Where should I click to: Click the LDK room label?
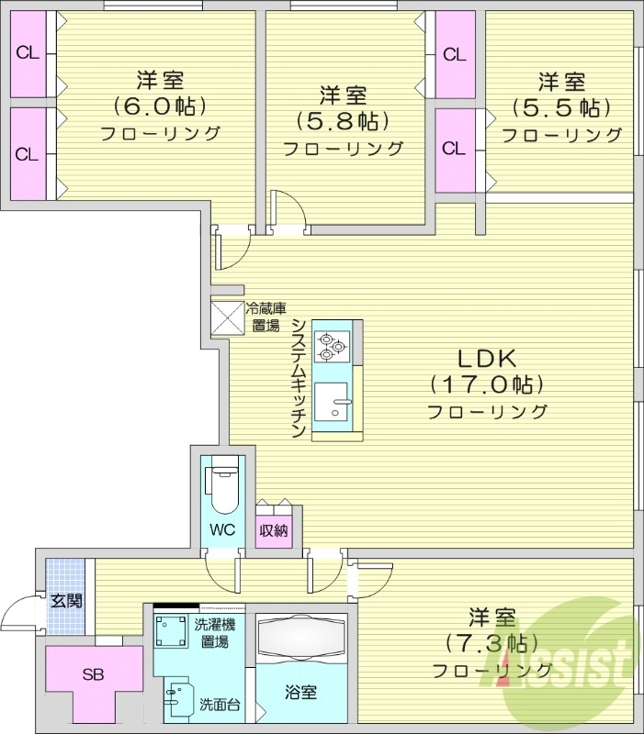coord(486,358)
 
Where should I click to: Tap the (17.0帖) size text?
coord(486,384)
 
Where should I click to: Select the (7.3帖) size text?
coord(491,642)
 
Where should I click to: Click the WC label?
coord(222,529)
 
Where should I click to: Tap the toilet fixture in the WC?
coord(222,487)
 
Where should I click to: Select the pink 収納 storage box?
coord(274,529)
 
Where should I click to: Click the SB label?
coord(93,675)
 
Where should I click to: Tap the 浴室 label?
coord(300,693)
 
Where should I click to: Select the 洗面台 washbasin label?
coord(220,705)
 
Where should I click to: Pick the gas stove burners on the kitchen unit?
coord(331,347)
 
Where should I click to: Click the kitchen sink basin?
coord(331,400)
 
